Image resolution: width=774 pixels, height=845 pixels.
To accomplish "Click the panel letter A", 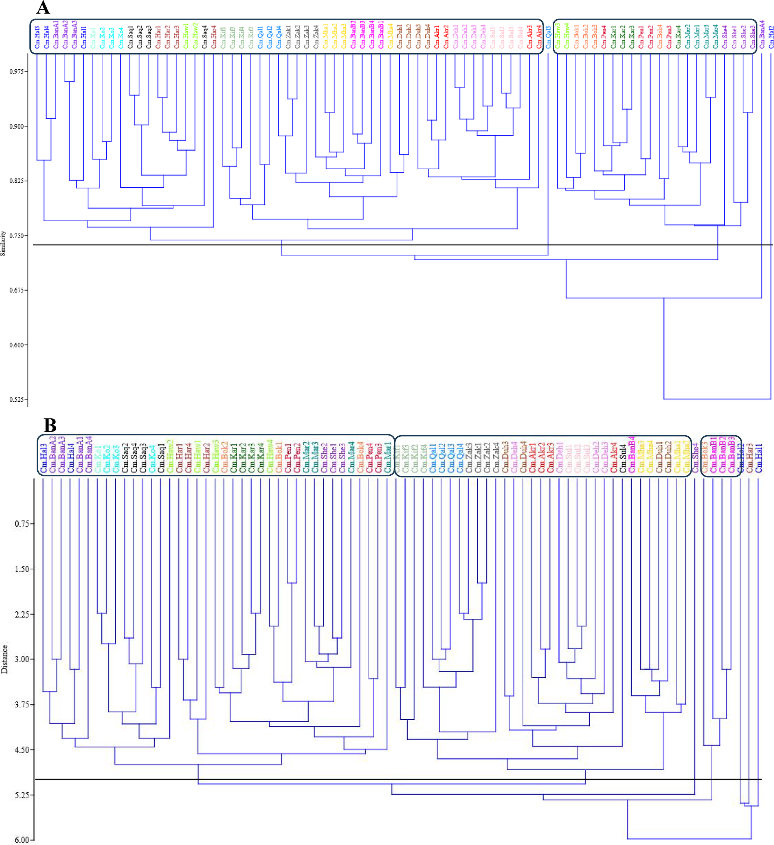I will pyautogui.click(x=43, y=8).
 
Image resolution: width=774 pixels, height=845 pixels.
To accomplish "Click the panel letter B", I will pyautogui.click(x=50, y=426).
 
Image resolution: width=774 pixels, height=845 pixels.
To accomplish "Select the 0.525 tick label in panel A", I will pyautogui.click(x=17, y=399).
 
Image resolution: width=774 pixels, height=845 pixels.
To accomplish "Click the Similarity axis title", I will pyautogui.click(x=3, y=243).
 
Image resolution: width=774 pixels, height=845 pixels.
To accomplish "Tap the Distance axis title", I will pyautogui.click(x=5, y=659).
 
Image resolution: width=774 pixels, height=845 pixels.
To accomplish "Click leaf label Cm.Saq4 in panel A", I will pyautogui.click(x=204, y=37).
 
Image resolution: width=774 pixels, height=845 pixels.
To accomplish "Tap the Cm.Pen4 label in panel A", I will pyautogui.click(x=604, y=37).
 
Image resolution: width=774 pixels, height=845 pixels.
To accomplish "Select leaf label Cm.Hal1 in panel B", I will pyautogui.click(x=759, y=458).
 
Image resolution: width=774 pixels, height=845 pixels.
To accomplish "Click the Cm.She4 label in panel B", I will pyautogui.click(x=695, y=458).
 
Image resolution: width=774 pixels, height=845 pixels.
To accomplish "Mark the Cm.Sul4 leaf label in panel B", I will pyautogui.click(x=623, y=458).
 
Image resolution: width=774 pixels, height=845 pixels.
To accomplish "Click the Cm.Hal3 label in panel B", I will pyautogui.click(x=43, y=458).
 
